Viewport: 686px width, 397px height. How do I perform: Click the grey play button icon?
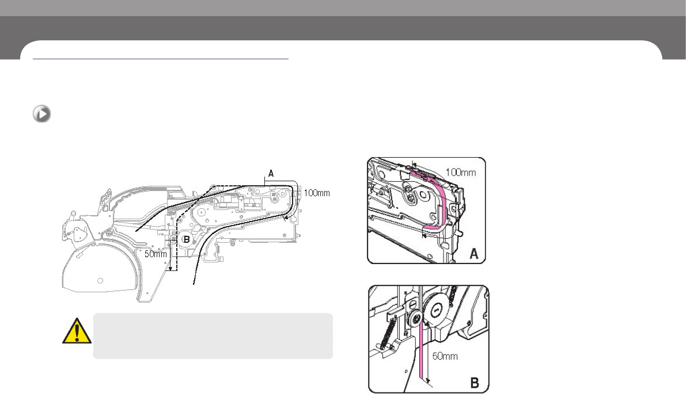pos(41,114)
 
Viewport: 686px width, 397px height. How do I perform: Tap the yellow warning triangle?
pos(77,331)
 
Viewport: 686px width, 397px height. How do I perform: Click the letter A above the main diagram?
pos(271,174)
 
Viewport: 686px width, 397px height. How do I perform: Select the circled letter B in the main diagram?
pos(186,239)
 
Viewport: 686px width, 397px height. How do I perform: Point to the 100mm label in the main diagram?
pos(317,193)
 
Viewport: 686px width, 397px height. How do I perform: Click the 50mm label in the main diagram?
pos(156,254)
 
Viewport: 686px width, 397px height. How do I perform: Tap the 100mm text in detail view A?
pos(461,172)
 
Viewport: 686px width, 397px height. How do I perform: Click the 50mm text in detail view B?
pos(445,356)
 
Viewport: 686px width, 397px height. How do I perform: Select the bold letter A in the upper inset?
pos(474,254)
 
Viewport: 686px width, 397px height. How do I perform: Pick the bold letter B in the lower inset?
pos(475,383)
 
